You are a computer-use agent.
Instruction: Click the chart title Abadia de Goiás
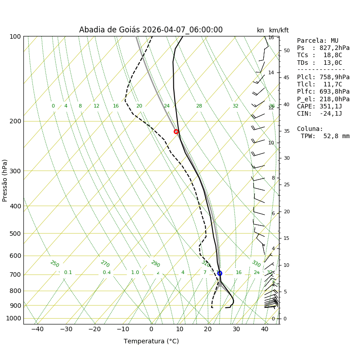click(151, 30)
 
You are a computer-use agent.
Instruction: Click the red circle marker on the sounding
click(176, 131)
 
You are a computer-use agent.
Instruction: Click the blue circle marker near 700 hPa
click(220, 273)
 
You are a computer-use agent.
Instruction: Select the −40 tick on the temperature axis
click(37, 329)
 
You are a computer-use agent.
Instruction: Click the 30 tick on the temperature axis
click(236, 329)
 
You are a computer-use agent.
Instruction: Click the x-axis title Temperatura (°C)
click(151, 342)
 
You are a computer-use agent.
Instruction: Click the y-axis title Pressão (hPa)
click(5, 180)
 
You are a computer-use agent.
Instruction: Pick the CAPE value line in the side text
click(319, 107)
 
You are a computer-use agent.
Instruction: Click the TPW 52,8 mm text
click(325, 136)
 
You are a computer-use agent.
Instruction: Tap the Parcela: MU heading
click(318, 41)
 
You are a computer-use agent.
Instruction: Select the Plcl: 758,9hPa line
click(323, 77)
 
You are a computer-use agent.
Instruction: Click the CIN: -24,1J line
click(319, 114)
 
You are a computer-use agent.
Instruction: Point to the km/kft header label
click(279, 30)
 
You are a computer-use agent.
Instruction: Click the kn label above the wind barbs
click(261, 30)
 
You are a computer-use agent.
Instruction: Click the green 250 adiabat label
click(54, 264)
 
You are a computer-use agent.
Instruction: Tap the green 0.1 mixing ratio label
click(68, 273)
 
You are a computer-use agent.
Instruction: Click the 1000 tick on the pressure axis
click(13, 319)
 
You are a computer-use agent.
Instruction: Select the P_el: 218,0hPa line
click(323, 99)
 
